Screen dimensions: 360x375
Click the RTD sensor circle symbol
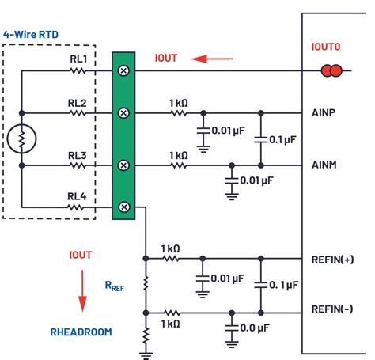(x=21, y=139)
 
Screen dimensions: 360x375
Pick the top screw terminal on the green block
(x=123, y=70)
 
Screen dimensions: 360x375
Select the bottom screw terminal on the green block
(x=123, y=207)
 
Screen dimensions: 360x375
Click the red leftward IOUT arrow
(x=214, y=58)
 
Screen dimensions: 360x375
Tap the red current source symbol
(x=331, y=71)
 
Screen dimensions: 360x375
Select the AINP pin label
(x=324, y=112)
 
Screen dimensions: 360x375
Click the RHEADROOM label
(x=81, y=332)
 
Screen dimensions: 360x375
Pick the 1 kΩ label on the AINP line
(x=178, y=102)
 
